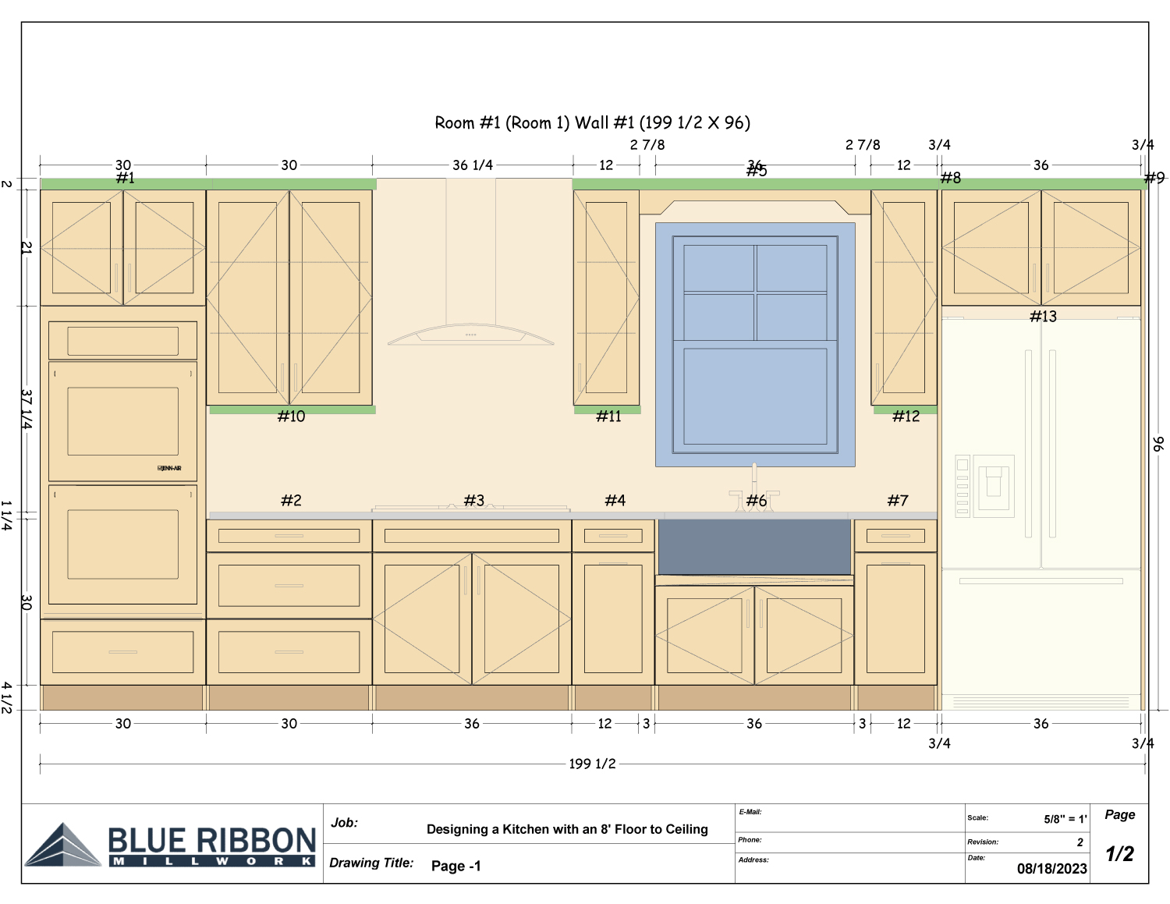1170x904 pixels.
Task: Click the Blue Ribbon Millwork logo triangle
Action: coord(63,846)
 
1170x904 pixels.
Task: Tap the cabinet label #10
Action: coord(291,417)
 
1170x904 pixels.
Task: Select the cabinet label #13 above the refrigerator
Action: coord(1043,316)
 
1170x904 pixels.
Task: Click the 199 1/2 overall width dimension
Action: coord(592,764)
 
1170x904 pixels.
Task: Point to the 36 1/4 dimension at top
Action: coord(473,165)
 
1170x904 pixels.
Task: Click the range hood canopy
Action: coord(470,335)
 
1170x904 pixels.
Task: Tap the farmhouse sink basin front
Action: coord(754,547)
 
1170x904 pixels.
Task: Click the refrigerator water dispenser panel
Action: coord(993,483)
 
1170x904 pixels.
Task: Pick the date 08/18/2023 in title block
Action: coord(1051,869)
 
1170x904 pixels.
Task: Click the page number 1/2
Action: coord(1119,854)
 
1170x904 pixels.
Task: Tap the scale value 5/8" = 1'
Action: coord(1065,819)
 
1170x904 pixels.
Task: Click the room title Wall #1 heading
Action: coord(592,122)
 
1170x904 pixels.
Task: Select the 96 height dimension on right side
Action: coord(1158,444)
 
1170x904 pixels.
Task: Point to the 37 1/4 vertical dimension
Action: coord(27,409)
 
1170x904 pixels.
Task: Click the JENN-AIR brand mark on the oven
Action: coord(169,468)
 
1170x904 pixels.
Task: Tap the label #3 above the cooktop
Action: coord(473,501)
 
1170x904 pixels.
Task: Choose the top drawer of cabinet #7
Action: coord(895,536)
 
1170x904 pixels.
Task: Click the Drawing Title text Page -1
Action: coord(456,866)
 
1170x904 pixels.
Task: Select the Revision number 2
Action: coord(1080,842)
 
